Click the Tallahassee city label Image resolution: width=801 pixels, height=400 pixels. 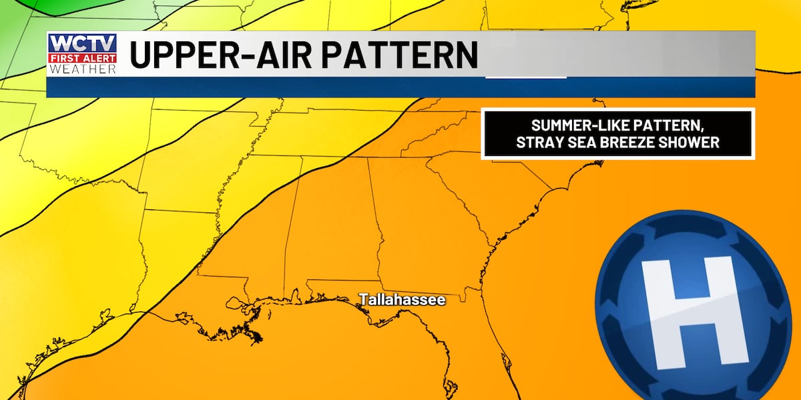pyautogui.click(x=403, y=301)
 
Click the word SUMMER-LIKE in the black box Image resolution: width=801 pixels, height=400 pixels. pyautogui.click(x=567, y=125)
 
